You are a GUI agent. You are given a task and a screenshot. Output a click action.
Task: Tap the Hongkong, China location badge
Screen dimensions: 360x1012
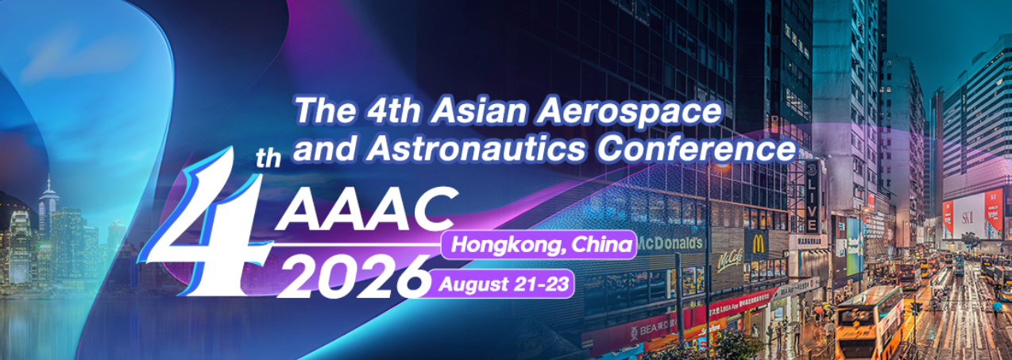(x=542, y=246)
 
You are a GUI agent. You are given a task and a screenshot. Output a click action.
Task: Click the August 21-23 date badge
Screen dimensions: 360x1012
(x=503, y=284)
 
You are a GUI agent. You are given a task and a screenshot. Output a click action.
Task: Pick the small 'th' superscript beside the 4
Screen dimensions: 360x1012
(x=268, y=160)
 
